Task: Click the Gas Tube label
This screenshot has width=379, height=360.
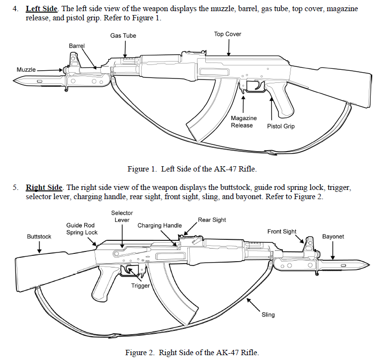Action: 123,36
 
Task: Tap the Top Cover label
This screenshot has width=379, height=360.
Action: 227,34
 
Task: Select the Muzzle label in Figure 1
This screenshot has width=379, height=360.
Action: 26,70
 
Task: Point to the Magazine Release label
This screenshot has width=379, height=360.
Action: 243,122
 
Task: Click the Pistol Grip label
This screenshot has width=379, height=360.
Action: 281,126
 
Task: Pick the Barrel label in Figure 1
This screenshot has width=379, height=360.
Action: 76,46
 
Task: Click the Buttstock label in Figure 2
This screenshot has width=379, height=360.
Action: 39,237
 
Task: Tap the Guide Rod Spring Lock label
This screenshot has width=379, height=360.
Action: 82,229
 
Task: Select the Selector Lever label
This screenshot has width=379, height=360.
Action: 122,216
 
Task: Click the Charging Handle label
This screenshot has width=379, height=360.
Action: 160,225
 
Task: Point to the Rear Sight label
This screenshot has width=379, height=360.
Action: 212,220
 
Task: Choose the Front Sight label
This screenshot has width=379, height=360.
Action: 282,232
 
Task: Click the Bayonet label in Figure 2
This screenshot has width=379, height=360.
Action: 333,237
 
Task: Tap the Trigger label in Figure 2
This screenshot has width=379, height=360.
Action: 140,286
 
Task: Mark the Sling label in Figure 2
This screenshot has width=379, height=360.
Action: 268,315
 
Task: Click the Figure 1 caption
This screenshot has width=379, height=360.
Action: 192,169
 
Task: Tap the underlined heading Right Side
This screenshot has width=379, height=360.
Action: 44,188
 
